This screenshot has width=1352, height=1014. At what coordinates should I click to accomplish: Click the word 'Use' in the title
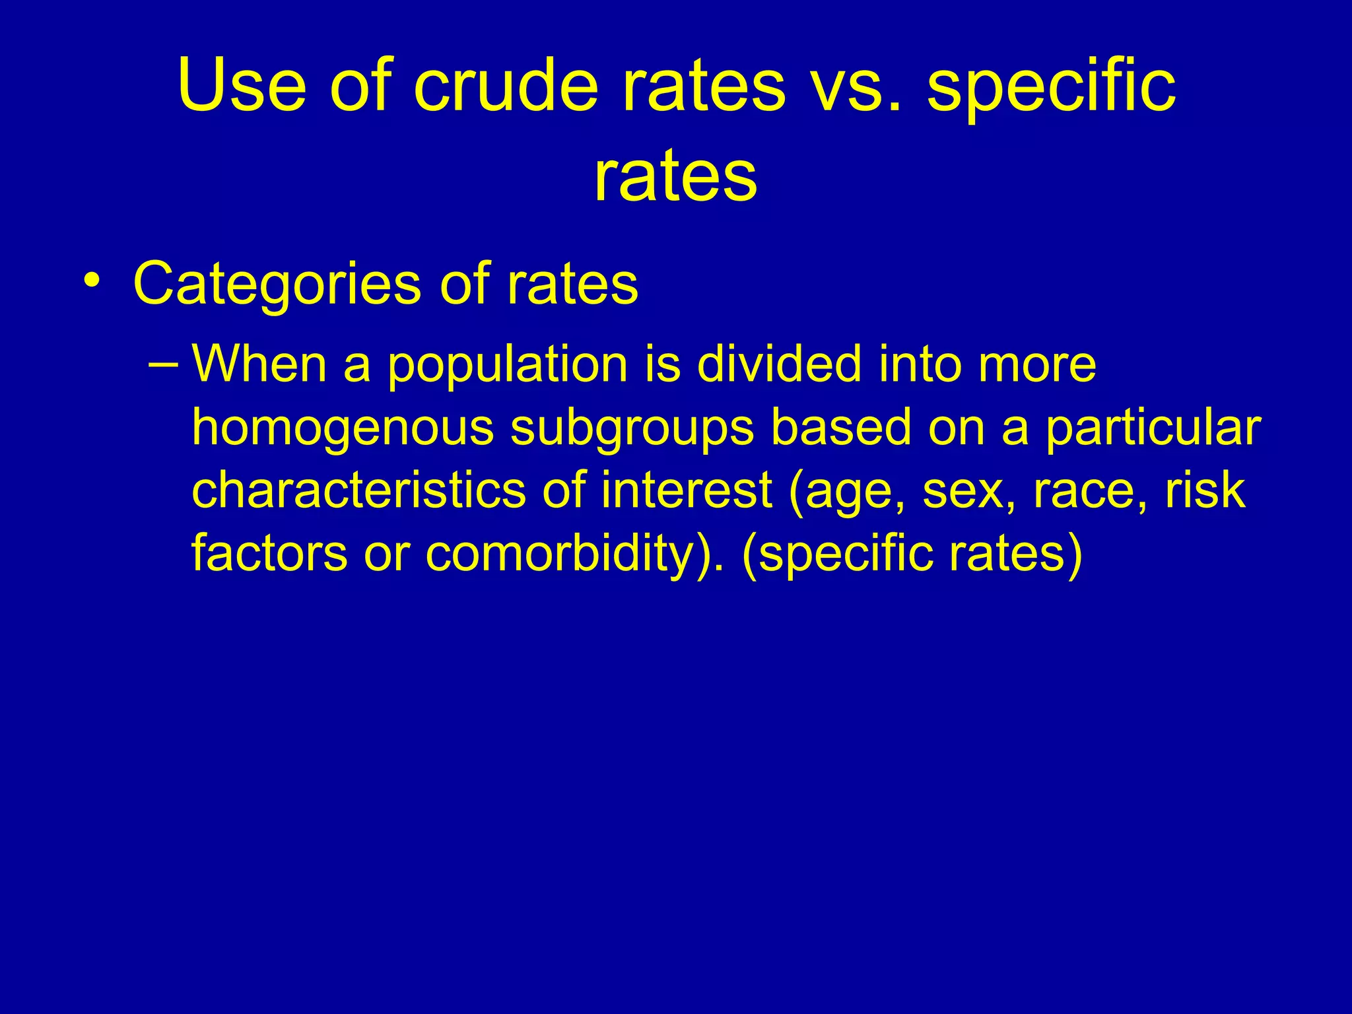click(242, 86)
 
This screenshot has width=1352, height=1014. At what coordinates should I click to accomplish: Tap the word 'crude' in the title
click(506, 86)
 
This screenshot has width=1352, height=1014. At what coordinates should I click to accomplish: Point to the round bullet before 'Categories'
click(92, 281)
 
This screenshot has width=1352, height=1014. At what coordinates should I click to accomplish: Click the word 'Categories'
click(277, 285)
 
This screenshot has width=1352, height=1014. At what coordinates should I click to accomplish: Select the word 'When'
click(259, 364)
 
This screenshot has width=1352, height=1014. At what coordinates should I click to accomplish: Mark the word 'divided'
click(779, 364)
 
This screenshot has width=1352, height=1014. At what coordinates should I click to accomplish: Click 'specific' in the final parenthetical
click(842, 553)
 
